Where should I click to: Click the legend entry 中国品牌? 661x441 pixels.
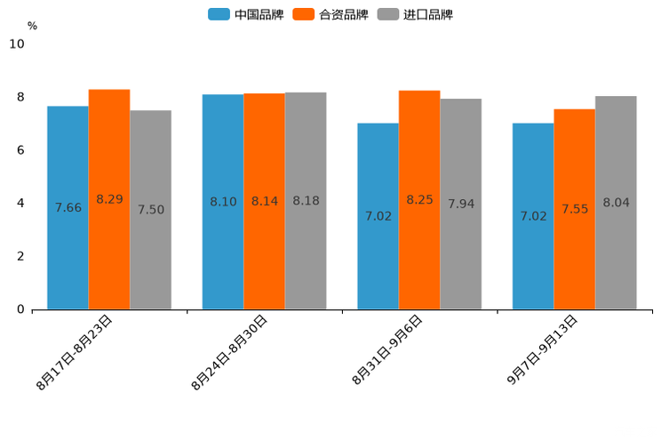point(246,14)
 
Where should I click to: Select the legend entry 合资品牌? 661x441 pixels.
point(330,14)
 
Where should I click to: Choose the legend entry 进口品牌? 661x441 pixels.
point(415,14)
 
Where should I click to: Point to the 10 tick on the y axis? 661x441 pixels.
point(17,44)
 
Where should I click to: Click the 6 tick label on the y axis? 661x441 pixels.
point(20,150)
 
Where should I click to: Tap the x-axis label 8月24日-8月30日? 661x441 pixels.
point(230,352)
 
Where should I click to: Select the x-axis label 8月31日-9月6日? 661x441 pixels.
point(387,349)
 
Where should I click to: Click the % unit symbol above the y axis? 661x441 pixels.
point(32,26)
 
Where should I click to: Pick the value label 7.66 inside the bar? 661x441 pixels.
point(68,208)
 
